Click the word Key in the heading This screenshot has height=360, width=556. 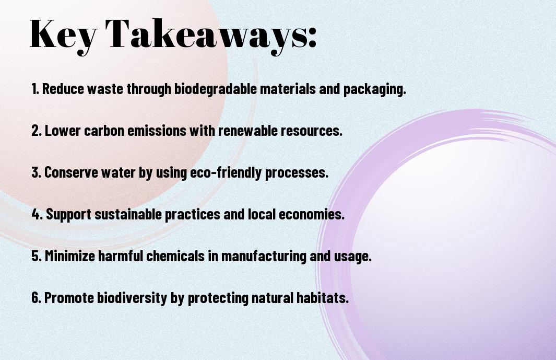tap(63, 36)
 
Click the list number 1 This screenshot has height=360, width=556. tap(35, 89)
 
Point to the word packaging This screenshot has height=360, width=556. tap(374, 89)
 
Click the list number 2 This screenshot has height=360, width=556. tap(36, 130)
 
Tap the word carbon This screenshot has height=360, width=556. tap(104, 131)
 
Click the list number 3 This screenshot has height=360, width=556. tap(36, 172)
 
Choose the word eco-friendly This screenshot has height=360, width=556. tap(226, 173)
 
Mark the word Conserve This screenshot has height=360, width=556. tap(71, 172)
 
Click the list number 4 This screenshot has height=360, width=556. tap(37, 214)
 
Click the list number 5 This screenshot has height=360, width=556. tap(37, 256)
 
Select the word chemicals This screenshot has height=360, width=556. tap(175, 256)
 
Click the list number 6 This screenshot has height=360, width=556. tap(37, 297)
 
